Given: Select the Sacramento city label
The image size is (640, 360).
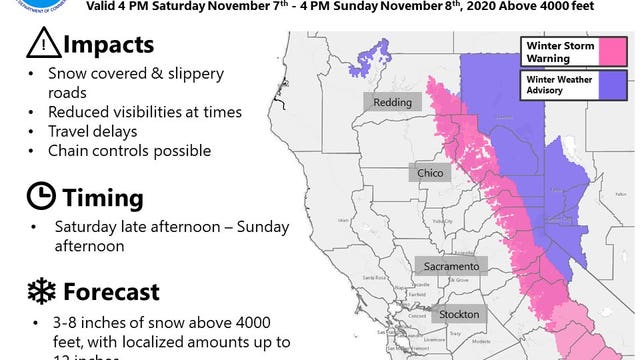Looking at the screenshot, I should tap(450, 265).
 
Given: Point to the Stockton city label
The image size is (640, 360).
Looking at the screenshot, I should tap(456, 314).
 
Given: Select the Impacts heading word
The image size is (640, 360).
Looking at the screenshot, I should tap(108, 47).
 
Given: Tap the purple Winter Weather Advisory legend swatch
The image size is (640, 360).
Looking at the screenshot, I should tap(609, 84).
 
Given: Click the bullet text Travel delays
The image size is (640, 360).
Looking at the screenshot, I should tap(100, 131).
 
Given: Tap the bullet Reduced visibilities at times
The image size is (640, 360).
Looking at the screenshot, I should tap(142, 112).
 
